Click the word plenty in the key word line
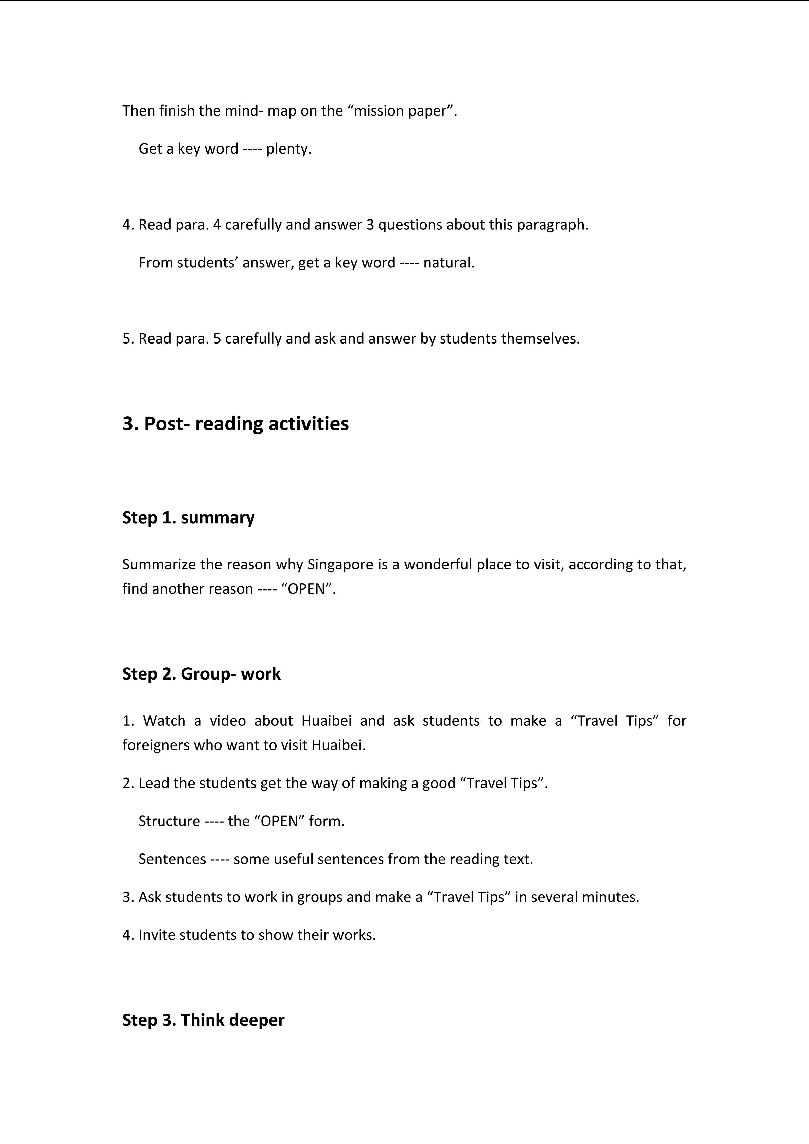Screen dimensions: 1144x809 click(288, 148)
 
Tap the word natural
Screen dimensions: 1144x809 click(448, 263)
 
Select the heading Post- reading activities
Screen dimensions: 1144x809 click(235, 423)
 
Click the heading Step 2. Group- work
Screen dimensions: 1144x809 click(201, 674)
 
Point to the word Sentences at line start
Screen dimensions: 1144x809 click(172, 859)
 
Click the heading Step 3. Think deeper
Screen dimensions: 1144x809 click(203, 1020)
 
